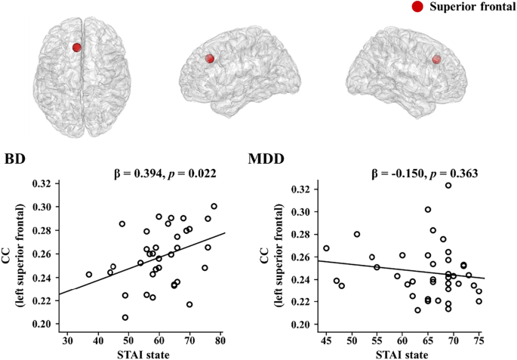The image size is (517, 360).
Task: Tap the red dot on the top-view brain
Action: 77,48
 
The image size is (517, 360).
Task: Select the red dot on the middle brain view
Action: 210,59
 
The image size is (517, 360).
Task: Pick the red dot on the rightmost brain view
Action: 436,59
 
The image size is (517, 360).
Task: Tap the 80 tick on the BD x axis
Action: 220,340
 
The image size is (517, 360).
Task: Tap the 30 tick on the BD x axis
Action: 67,340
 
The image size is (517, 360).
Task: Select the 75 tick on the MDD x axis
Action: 479,340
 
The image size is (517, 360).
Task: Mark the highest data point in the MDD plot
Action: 448,185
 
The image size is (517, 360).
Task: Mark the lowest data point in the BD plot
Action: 125,318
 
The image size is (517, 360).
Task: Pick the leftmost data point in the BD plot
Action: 89,275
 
